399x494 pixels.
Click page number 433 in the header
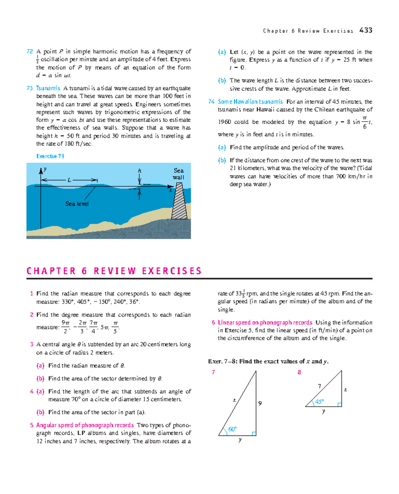point(366,30)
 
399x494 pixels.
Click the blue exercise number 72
point(30,51)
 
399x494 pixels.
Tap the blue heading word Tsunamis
point(48,88)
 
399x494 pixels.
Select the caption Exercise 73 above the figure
point(50,156)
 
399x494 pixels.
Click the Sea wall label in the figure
point(179,174)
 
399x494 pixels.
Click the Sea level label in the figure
point(77,204)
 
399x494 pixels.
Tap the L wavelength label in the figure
point(69,180)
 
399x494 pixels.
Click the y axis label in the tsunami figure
point(45,169)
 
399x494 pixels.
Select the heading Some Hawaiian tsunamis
point(250,102)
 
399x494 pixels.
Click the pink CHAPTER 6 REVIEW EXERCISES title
point(114,271)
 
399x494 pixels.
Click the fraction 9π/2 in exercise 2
point(65,327)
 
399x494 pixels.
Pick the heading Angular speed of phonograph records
point(85,425)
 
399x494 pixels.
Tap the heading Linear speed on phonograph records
point(265,322)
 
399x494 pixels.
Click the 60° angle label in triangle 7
point(232,429)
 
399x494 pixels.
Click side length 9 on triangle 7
point(260,403)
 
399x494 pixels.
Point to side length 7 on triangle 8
point(320,386)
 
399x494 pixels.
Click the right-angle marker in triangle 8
point(339,405)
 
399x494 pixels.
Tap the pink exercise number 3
point(32,345)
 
